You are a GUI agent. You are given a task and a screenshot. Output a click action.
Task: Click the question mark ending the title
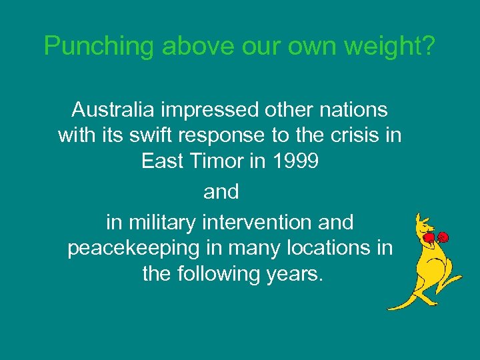coord(429,45)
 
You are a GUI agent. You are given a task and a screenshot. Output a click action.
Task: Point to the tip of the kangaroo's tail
coord(389,308)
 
